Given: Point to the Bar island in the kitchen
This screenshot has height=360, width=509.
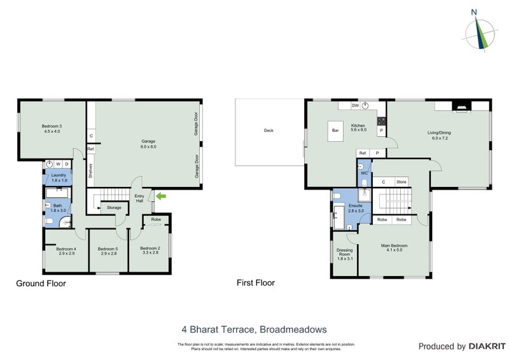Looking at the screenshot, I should coord(335,131).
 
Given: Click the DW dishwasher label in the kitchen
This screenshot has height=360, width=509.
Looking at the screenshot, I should coord(356,105).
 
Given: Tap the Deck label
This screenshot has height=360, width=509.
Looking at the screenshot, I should coord(268,131).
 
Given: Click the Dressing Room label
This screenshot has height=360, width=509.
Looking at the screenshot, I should coord(344,254).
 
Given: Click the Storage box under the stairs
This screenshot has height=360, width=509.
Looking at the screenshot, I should coord(114,207).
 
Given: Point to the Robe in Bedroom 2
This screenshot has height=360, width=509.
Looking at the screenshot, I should coord(155,221).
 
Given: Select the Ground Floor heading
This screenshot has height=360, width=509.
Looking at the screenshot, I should coord(41,284).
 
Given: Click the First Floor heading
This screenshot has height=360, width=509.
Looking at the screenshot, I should coord(256,282).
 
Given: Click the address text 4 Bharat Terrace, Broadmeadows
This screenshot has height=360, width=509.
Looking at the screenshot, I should coord(254,329).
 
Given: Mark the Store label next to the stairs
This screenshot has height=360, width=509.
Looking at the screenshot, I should coord(401,183).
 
